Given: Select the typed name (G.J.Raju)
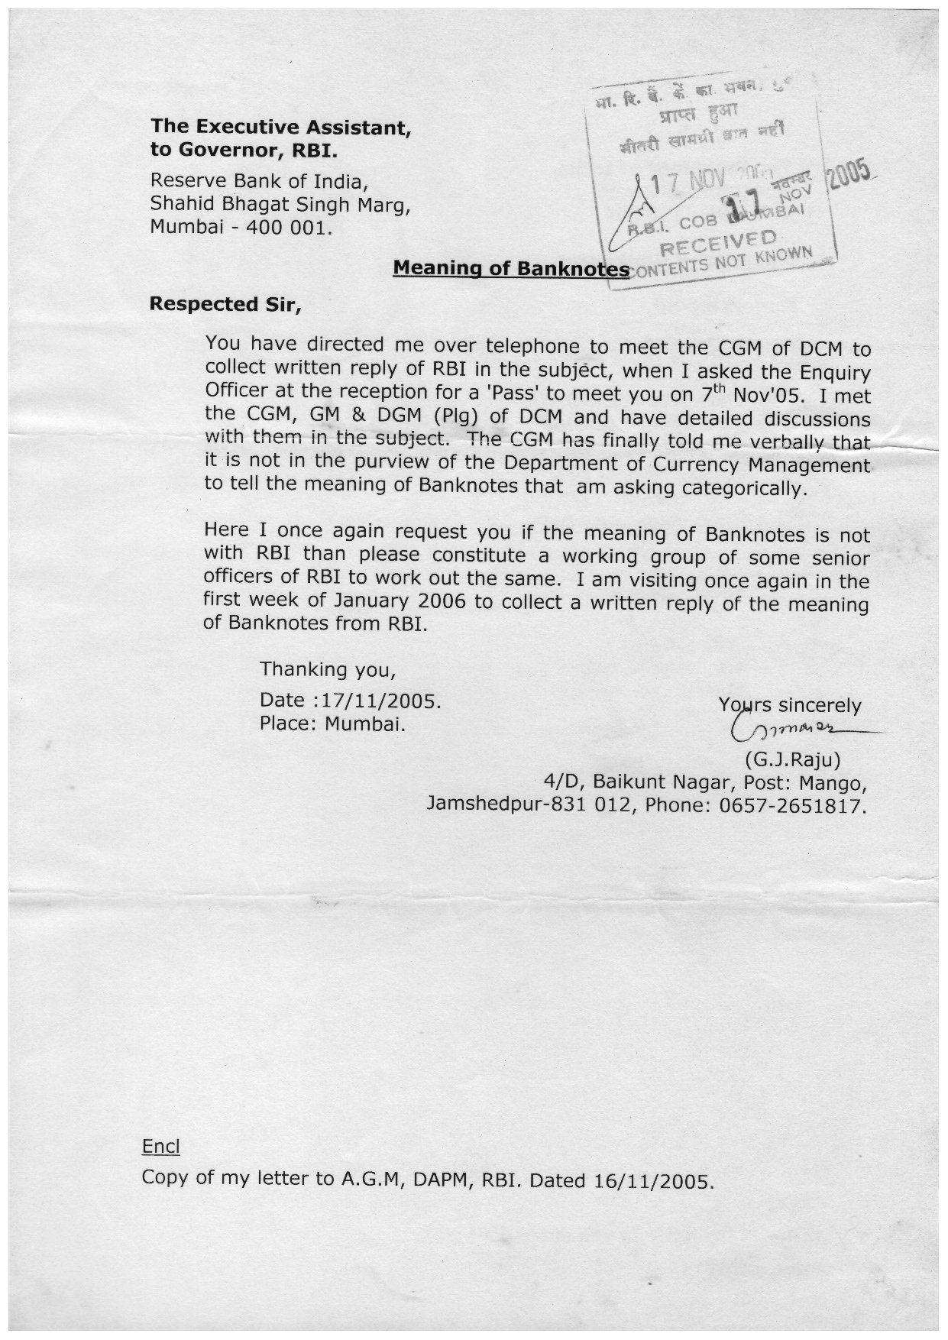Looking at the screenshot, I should click(x=792, y=760).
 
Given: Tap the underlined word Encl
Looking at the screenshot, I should click(x=160, y=1147).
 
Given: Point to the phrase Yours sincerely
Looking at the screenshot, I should click(x=789, y=705).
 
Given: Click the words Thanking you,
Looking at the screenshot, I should click(x=327, y=670).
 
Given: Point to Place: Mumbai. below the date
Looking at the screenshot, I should click(x=332, y=723).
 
